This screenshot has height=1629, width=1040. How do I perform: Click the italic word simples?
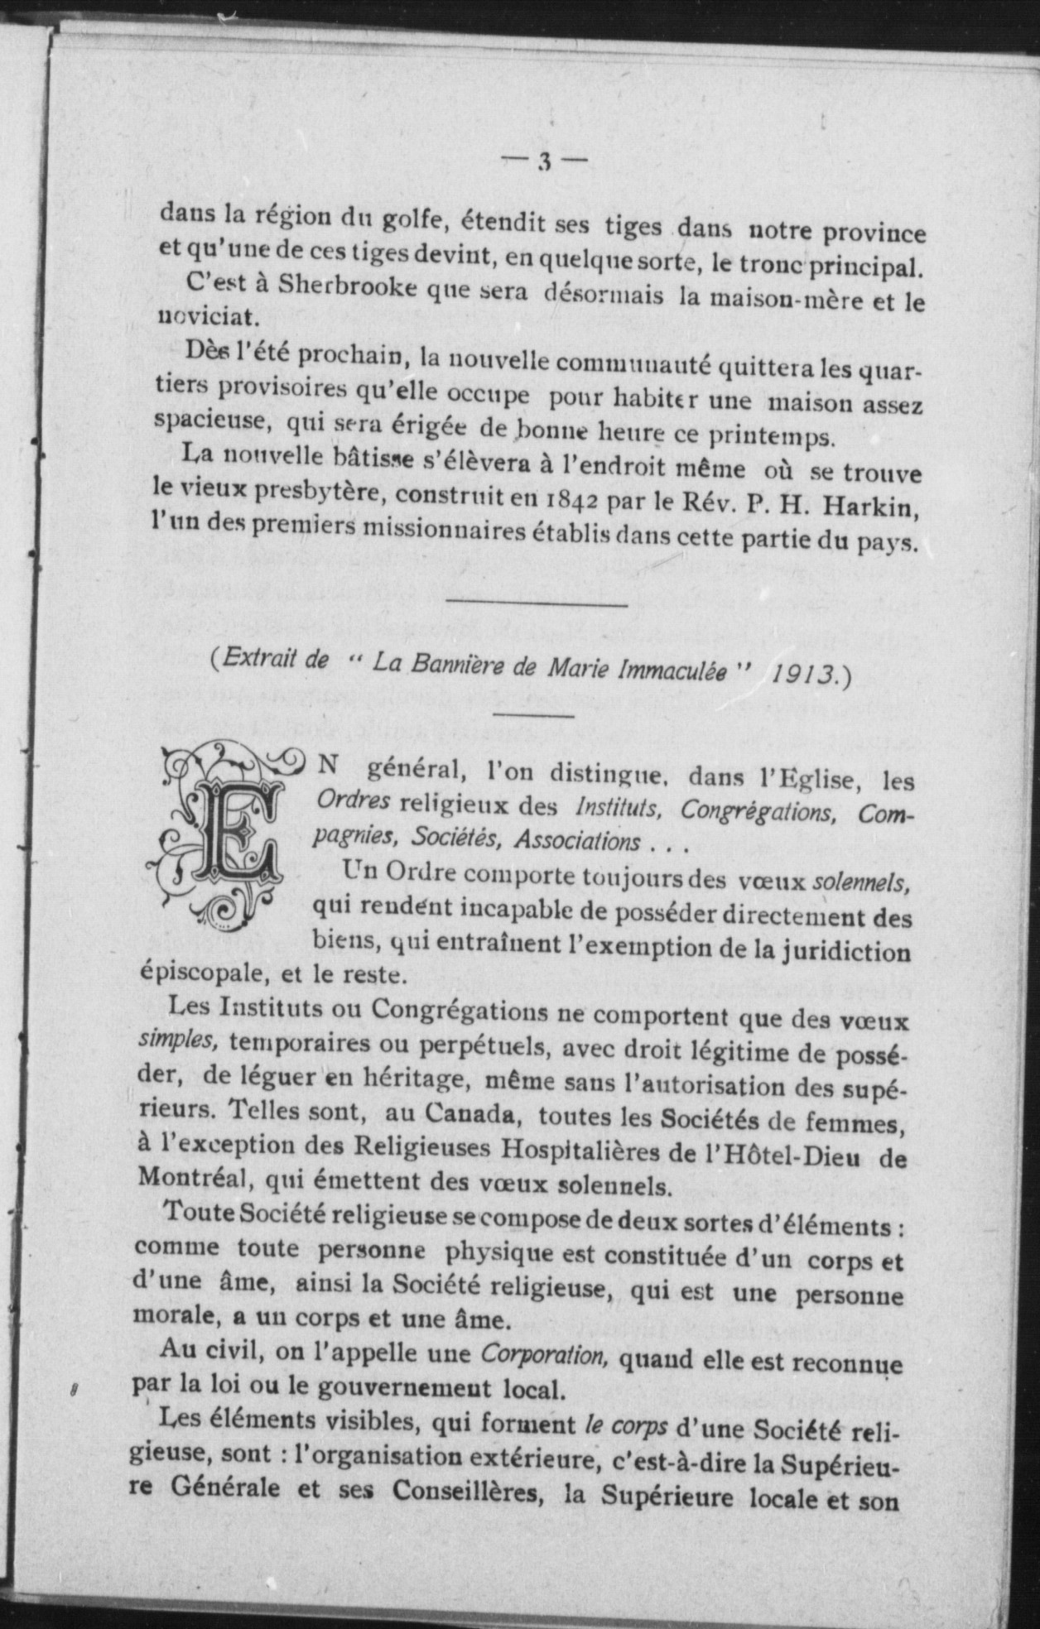point(175,1040)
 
